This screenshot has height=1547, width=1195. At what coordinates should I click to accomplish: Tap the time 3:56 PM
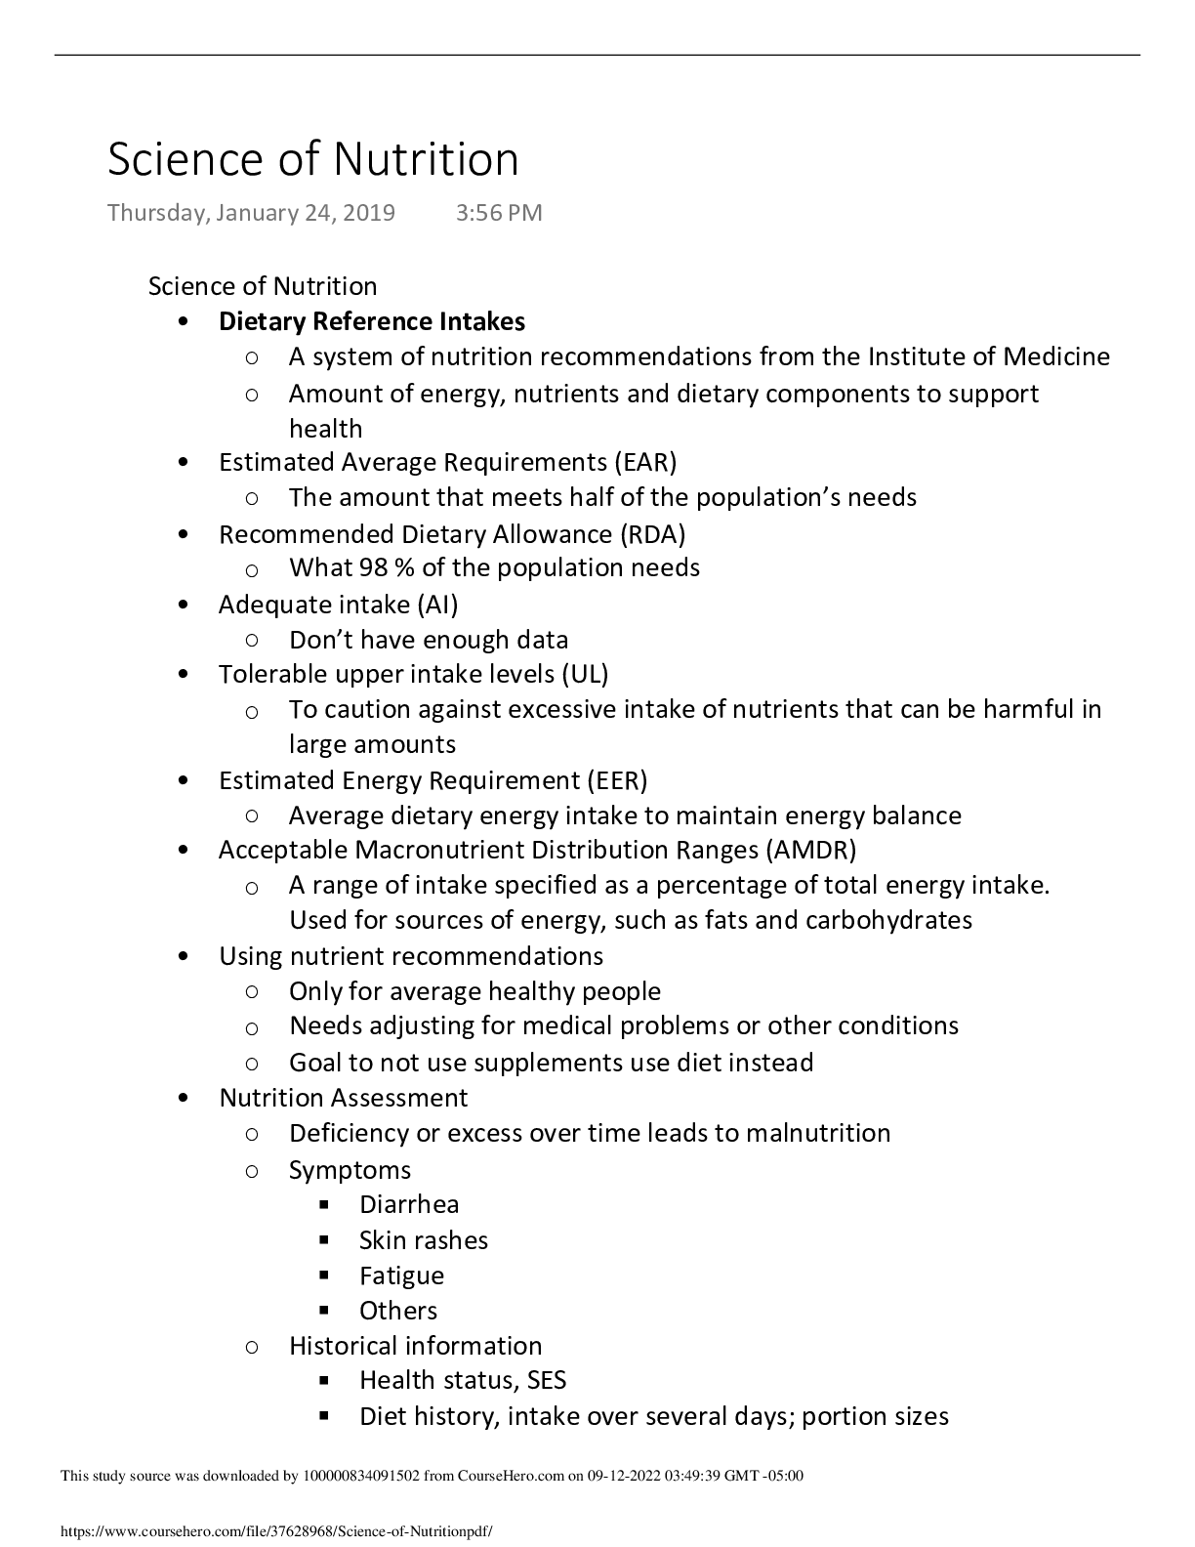pyautogui.click(x=498, y=213)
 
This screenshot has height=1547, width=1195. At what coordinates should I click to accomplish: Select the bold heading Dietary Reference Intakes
pyautogui.click(x=371, y=321)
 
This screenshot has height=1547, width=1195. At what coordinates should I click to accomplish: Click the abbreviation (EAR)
pyautogui.click(x=645, y=461)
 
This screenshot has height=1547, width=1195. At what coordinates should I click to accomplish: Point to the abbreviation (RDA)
pyautogui.click(x=652, y=534)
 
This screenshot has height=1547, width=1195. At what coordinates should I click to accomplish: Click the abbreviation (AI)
pyautogui.click(x=437, y=605)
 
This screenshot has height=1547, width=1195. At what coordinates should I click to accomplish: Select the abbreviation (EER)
pyautogui.click(x=617, y=780)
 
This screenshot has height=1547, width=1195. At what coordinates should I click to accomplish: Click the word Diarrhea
pyautogui.click(x=409, y=1204)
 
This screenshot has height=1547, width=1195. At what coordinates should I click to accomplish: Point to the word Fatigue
pyautogui.click(x=401, y=1275)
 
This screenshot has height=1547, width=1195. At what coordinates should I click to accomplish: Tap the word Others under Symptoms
pyautogui.click(x=398, y=1311)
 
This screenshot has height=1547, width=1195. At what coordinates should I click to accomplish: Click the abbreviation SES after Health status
pyautogui.click(x=547, y=1380)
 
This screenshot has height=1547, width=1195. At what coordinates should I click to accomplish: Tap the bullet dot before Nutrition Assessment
pyautogui.click(x=184, y=1098)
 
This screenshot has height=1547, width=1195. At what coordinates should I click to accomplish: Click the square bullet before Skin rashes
pyautogui.click(x=324, y=1240)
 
